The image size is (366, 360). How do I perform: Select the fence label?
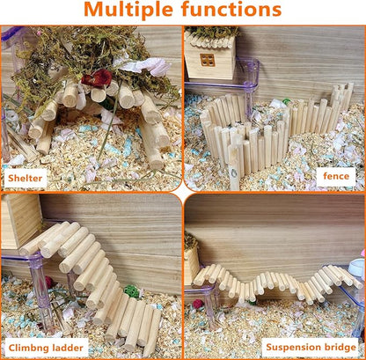(x=336, y=176)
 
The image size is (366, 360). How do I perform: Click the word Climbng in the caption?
(x=29, y=347)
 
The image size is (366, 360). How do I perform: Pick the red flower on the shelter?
(x=96, y=79)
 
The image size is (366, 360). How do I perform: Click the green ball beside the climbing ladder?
(x=131, y=291)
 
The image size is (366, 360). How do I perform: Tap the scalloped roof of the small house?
(x=211, y=37)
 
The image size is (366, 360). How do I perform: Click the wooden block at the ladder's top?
(x=19, y=221)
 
